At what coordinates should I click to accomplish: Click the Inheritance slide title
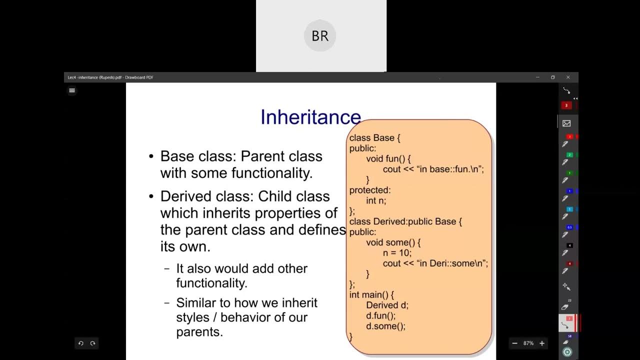[310, 117]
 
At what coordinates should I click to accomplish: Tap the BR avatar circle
[320, 35]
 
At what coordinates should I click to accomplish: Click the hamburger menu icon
[72, 90]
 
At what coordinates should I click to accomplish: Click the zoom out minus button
[515, 343]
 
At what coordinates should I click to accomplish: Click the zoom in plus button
[542, 343]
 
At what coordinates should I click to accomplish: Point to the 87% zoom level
[528, 343]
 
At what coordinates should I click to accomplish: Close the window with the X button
[568, 77]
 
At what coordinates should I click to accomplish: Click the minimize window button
[537, 77]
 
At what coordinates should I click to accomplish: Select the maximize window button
[553, 77]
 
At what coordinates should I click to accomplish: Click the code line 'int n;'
[376, 200]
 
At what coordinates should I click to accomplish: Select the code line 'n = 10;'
[397, 253]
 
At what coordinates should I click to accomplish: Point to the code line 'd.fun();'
[380, 315]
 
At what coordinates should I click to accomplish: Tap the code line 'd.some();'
[385, 326]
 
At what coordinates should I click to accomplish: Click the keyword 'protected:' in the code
[370, 190]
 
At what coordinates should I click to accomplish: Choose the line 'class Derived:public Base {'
[405, 221]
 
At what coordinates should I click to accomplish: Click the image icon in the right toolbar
[566, 123]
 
